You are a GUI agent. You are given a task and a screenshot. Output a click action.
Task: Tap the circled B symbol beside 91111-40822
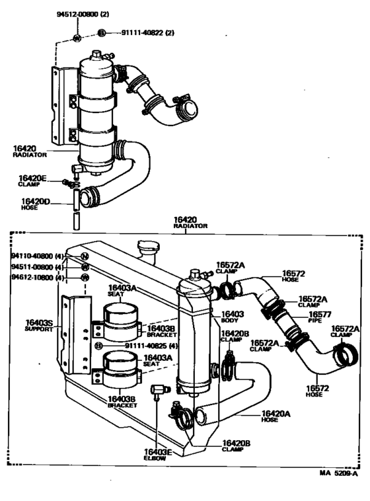tap(101, 32)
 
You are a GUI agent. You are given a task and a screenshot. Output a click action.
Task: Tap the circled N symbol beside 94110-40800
tap(85, 256)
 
